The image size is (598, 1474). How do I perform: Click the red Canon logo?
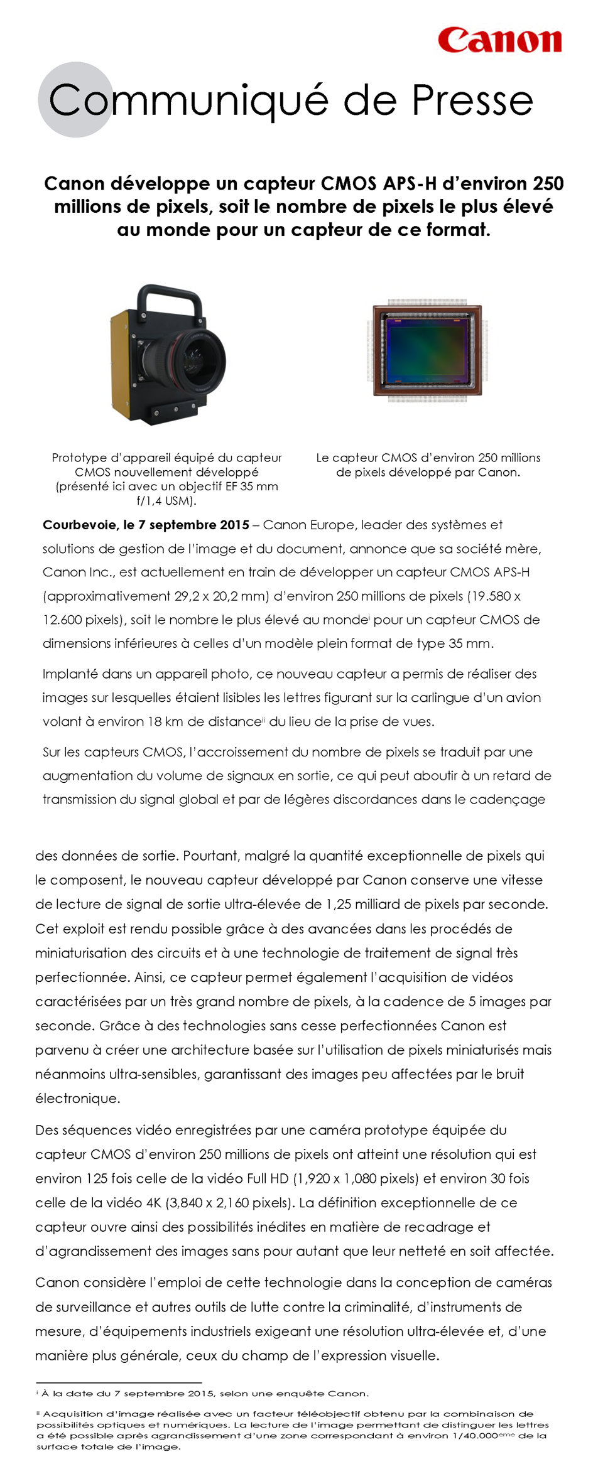click(x=499, y=40)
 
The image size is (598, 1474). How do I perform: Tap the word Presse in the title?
click(x=472, y=100)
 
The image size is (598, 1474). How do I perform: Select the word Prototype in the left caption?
click(x=80, y=458)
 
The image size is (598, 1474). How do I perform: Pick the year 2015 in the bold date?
click(x=234, y=525)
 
